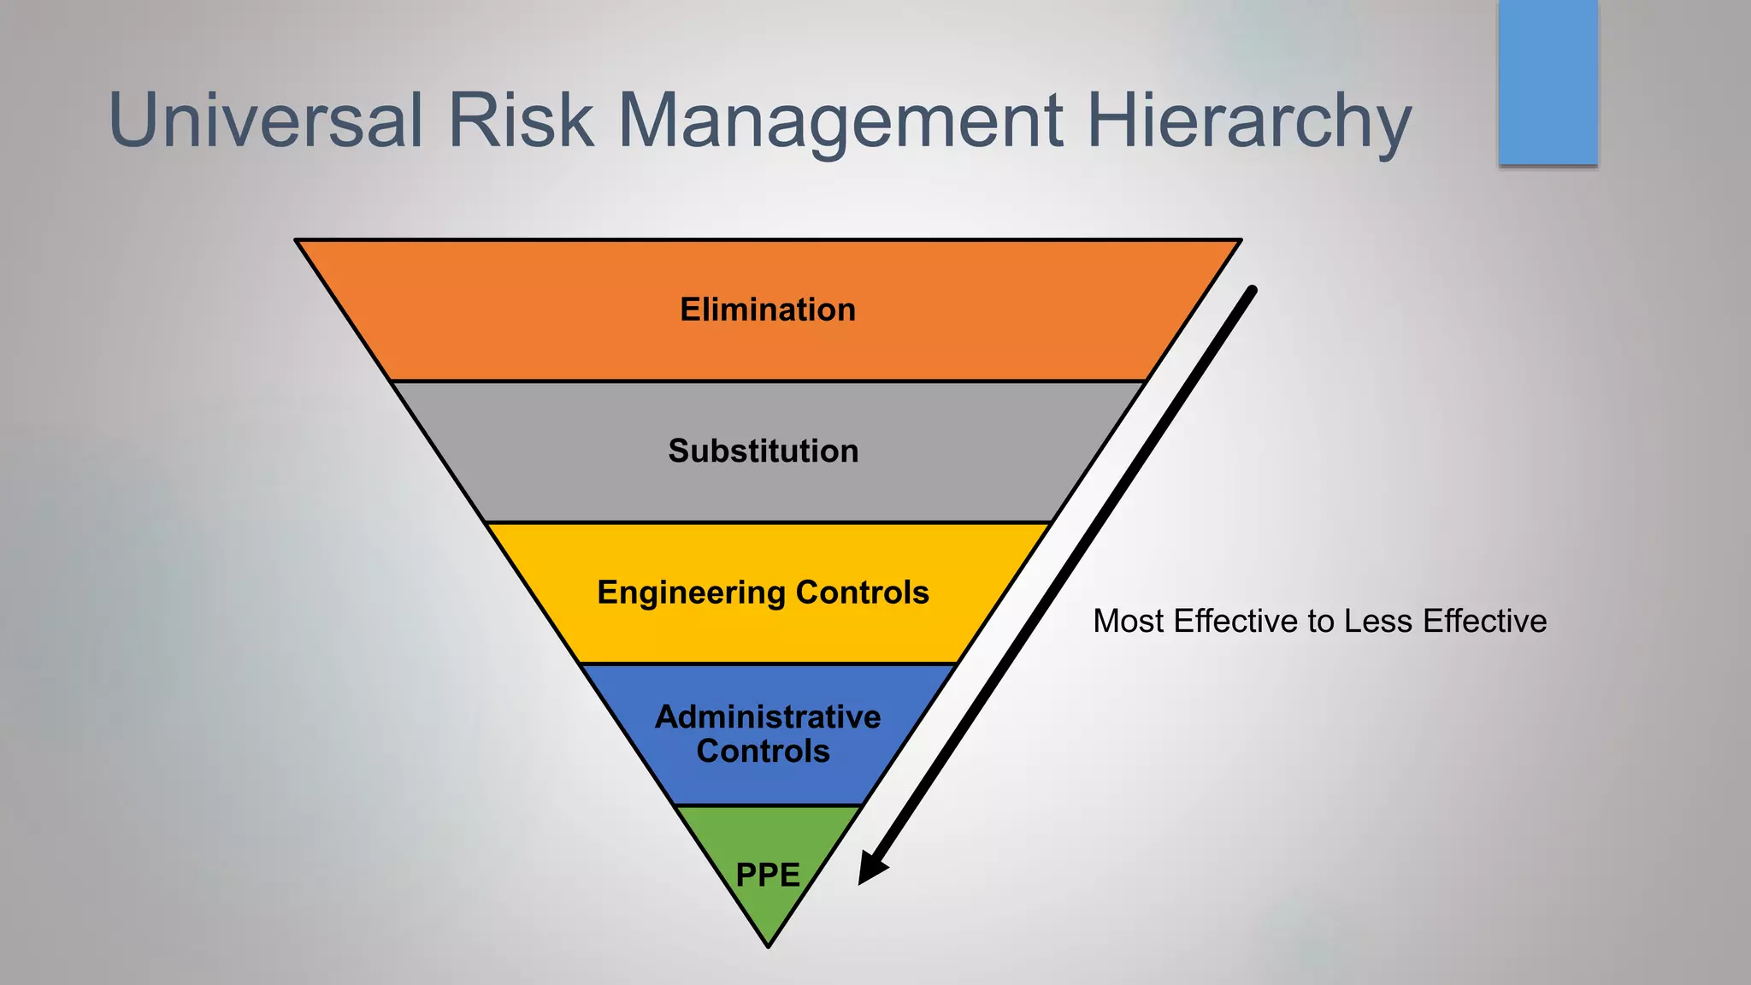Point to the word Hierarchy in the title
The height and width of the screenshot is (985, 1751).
pos(1248,121)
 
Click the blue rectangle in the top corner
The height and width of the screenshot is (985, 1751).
pos(1548,82)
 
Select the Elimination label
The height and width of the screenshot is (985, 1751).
pos(768,310)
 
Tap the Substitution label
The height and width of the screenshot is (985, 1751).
pos(763,451)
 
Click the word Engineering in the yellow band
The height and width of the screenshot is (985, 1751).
pos(691,593)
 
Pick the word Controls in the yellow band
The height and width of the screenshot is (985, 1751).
pos(862,593)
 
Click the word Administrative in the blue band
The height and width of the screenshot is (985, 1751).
pos(768,717)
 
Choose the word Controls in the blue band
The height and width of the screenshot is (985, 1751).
pos(763,751)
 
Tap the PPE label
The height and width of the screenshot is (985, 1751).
pos(768,875)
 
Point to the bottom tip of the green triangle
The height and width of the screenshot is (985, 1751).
pos(769,945)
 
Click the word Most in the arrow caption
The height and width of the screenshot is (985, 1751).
pos(1128,621)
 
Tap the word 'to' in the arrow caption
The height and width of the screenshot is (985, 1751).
pos(1321,622)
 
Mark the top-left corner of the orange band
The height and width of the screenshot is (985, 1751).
pos(298,241)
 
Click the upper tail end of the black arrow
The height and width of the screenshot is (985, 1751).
pos(1253,291)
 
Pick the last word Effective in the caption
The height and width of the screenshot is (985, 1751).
pos(1484,621)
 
